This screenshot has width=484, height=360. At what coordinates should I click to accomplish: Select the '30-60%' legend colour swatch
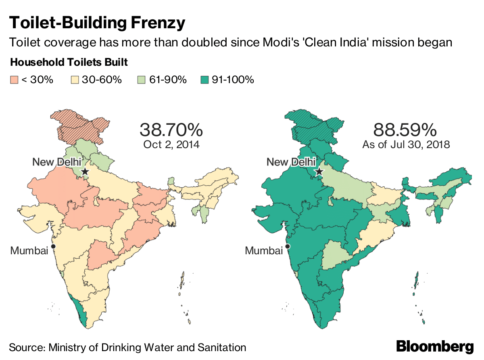pos(75,80)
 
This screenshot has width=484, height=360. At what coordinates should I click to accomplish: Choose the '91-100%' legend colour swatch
pos(204,80)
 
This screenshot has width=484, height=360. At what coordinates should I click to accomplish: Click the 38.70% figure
pos(171,130)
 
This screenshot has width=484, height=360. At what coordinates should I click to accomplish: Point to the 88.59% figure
pos(405,130)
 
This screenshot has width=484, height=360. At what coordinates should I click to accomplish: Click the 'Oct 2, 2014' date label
pos(171,144)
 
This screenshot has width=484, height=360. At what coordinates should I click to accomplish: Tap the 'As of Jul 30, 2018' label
pos(406,144)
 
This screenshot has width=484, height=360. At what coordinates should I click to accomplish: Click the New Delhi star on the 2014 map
pos(85,172)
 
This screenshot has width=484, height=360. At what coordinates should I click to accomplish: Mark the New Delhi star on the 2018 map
pos(319,172)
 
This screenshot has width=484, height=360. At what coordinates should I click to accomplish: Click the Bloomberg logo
pos(435,346)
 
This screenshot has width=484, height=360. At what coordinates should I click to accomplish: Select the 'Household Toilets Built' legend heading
pos(69,63)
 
